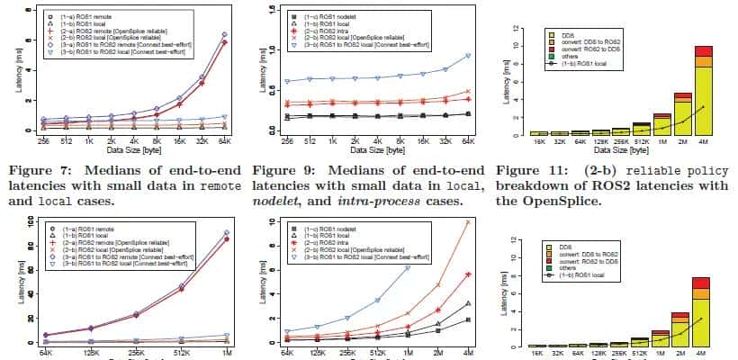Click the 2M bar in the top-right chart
coord(684,114)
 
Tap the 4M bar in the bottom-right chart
coord(702,311)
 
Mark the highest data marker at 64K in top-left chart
coord(223,35)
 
